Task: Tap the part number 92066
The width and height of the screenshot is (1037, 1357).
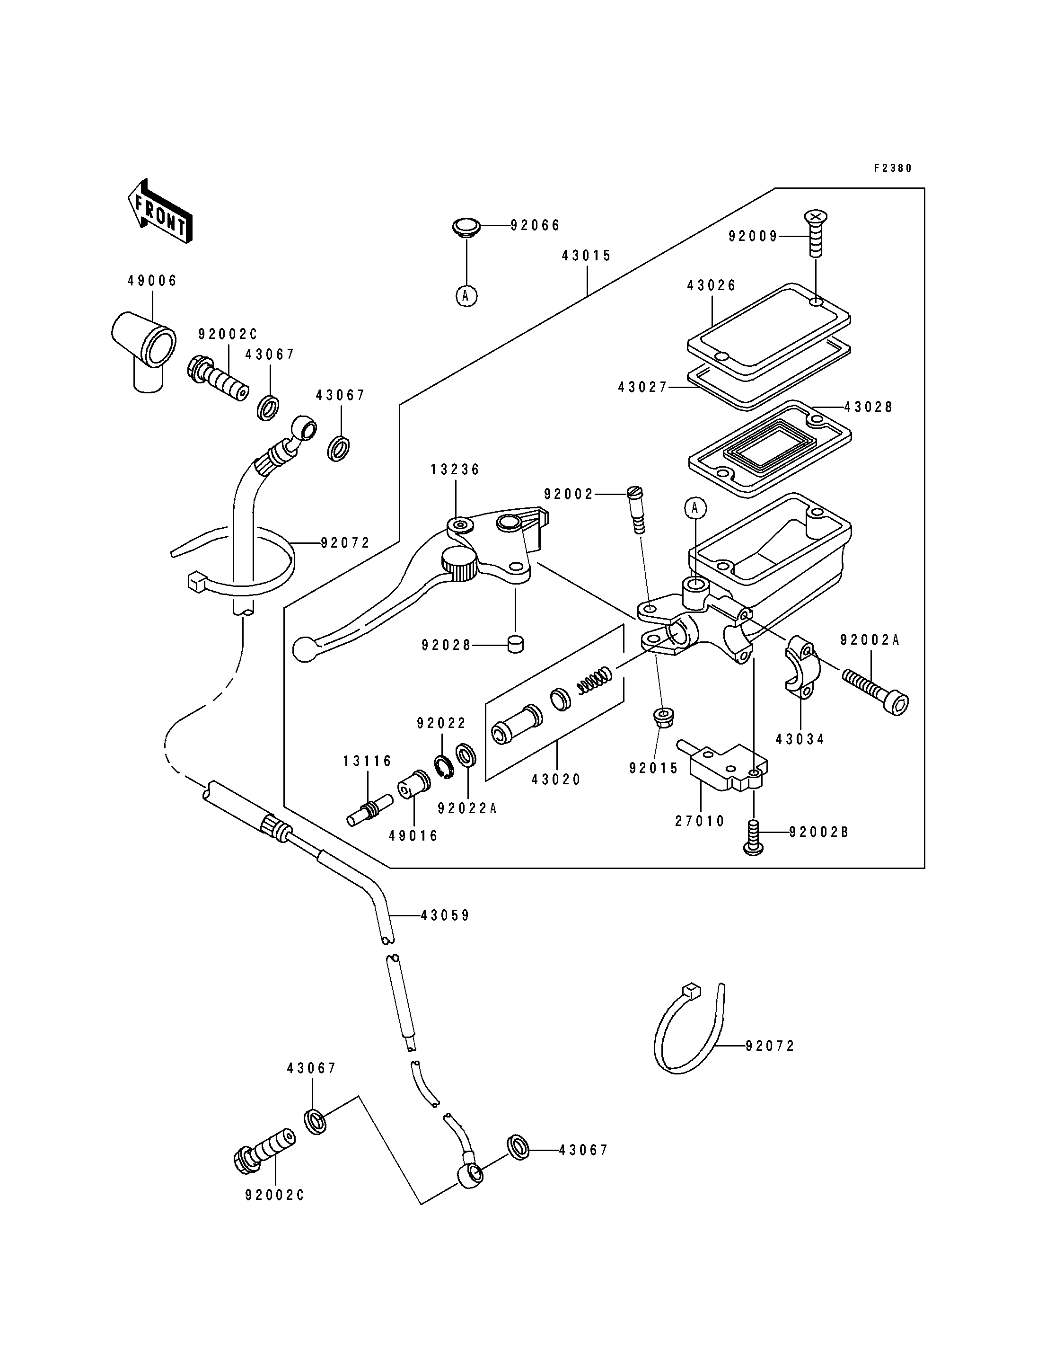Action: click(x=535, y=225)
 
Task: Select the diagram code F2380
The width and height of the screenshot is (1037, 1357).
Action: click(x=893, y=168)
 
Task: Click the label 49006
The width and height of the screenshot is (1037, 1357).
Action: click(x=152, y=281)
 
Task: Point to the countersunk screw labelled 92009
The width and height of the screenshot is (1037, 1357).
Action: click(x=816, y=233)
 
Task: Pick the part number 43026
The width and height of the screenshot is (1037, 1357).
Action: click(x=712, y=285)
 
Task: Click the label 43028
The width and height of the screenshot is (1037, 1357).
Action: click(x=869, y=407)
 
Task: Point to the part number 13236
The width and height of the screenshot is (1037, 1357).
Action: click(x=455, y=470)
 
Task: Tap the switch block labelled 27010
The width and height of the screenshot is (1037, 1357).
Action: click(x=723, y=765)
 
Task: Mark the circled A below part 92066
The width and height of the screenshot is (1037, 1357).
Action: click(x=466, y=296)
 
